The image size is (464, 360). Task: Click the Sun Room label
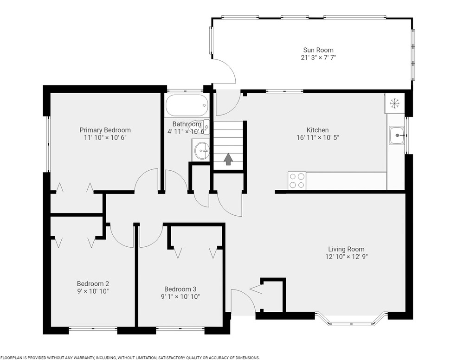[318, 50]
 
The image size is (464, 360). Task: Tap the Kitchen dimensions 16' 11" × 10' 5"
[317, 137]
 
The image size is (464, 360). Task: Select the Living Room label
[346, 249]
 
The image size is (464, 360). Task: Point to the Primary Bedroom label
[105, 130]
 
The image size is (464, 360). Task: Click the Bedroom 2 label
[93, 284]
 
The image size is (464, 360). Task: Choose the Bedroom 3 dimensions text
[180, 297]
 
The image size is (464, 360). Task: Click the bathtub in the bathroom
[187, 105]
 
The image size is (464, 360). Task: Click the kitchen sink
[397, 135]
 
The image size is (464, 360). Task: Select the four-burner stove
[297, 180]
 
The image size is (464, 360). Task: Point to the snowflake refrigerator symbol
[394, 103]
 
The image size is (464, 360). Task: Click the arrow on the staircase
[228, 159]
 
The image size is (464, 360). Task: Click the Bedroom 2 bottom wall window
[93, 328]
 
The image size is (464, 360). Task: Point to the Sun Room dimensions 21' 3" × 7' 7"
[318, 58]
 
